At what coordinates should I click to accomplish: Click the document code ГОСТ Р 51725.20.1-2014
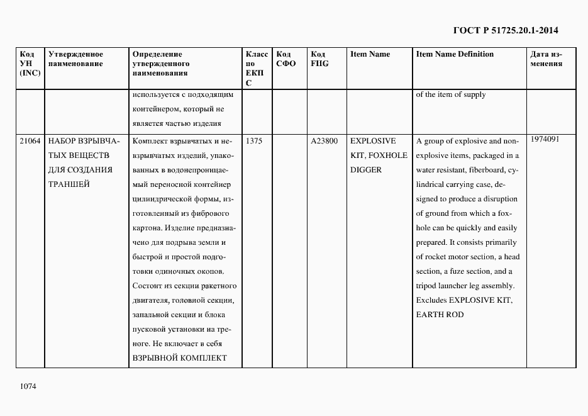pos(506,30)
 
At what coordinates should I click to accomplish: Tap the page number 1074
pos(29,385)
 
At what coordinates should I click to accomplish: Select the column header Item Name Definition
pos(455,54)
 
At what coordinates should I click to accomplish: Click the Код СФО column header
pos(286,59)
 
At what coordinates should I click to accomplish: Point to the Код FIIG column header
pos(320,59)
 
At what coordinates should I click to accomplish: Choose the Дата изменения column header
pos(546,59)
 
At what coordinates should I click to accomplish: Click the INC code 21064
pos(30,142)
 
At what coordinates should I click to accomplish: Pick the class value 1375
pos(254,142)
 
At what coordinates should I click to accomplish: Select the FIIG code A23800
pos(325,142)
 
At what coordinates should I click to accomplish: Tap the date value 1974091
pos(545,139)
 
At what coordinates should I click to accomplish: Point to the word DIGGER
pos(366,170)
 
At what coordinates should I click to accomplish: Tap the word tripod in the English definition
pos(426,286)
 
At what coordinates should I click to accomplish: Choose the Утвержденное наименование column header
pos(75,59)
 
